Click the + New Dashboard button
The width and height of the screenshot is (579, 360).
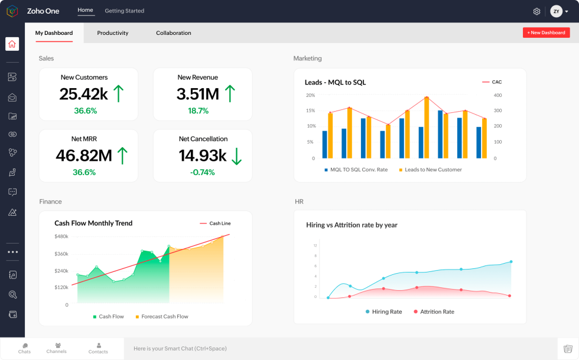[546, 33]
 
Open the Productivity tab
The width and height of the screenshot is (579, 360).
[112, 33]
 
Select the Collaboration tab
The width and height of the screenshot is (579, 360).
[173, 33]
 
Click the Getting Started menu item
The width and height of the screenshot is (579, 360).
[124, 11]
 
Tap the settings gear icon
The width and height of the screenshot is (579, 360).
[536, 11]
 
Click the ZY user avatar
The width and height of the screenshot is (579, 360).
[556, 11]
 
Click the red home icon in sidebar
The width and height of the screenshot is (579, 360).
[12, 44]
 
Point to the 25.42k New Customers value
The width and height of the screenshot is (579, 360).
[83, 94]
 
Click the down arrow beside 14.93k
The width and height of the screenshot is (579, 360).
[236, 155]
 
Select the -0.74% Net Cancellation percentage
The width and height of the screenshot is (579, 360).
[202, 172]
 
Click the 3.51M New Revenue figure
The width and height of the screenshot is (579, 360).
[198, 94]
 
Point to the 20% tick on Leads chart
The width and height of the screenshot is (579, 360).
[310, 95]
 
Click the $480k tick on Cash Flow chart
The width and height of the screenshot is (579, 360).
[61, 236]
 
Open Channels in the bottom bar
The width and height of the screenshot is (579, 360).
[57, 348]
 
